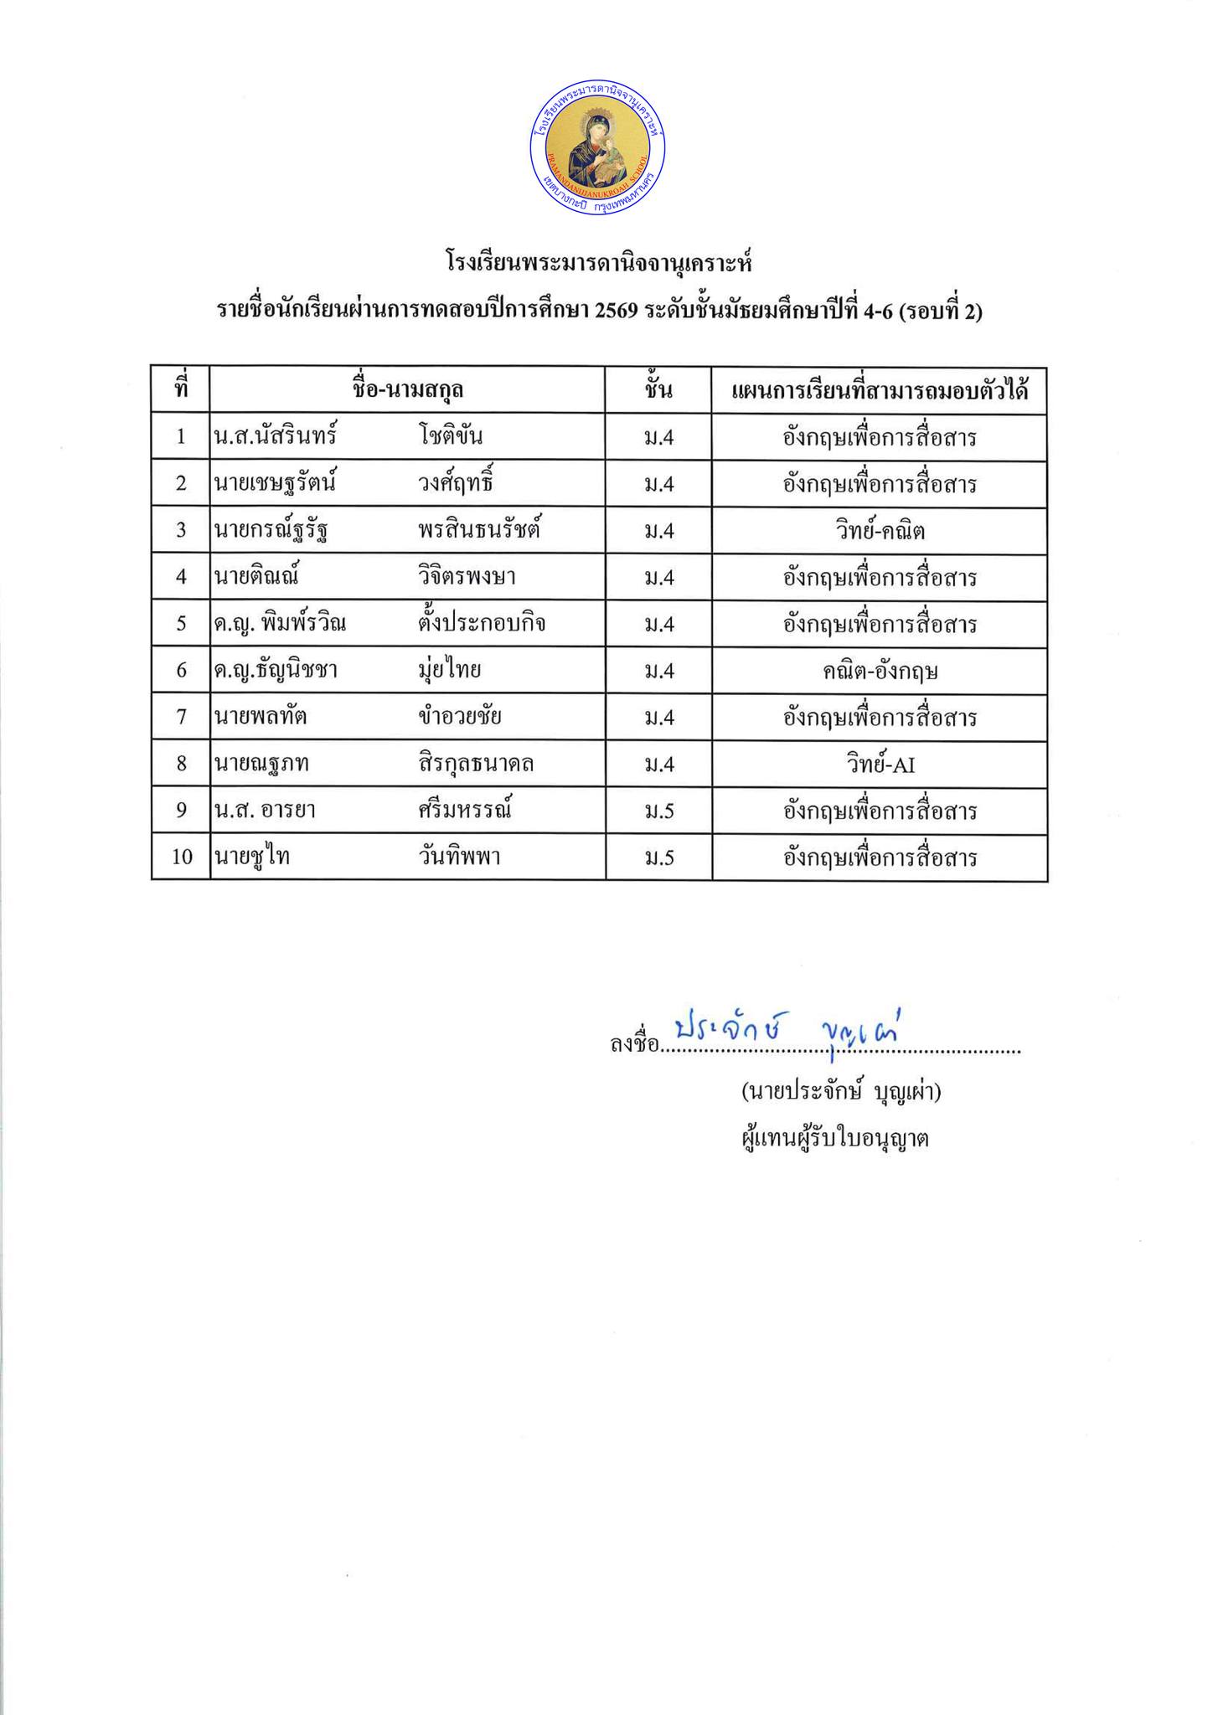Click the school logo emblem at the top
tap(597, 151)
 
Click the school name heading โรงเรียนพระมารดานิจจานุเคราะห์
tap(599, 265)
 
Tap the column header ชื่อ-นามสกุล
tap(408, 390)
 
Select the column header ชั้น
tap(658, 390)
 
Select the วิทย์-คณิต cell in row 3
tap(879, 531)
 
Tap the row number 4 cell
tap(181, 577)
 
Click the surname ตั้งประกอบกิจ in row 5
tap(481, 624)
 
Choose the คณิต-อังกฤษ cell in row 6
tap(879, 671)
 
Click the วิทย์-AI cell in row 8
tap(879, 765)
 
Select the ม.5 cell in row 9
tap(658, 811)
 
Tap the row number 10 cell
tap(181, 857)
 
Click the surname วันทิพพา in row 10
tap(460, 857)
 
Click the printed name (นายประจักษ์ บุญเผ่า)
tap(840, 1092)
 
